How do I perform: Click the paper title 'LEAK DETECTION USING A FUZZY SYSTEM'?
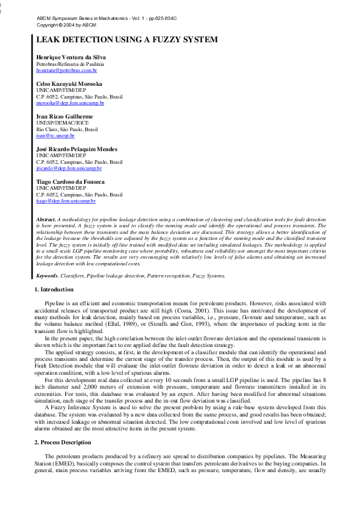127,41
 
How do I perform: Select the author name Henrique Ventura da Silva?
71,57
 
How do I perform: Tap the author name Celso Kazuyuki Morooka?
69,83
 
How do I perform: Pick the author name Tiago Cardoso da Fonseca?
70,181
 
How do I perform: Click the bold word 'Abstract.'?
47,219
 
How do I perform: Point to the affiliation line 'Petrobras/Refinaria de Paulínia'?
70,63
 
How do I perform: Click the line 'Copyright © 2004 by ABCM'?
66,25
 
